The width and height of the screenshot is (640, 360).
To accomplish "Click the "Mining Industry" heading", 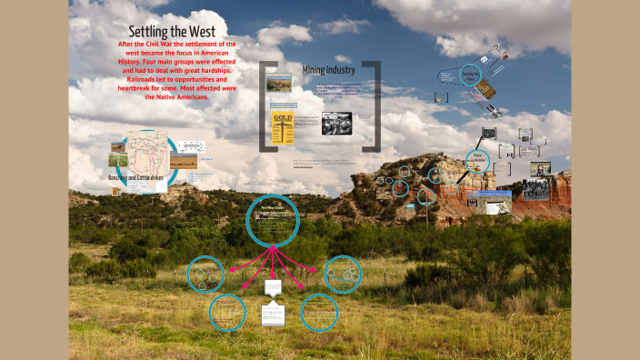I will click(x=328, y=69).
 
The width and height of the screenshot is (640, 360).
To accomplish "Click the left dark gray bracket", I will click(x=265, y=105).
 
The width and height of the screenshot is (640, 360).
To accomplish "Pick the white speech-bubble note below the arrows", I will click(x=274, y=287).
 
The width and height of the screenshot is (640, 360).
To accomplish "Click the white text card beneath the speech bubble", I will click(x=273, y=315).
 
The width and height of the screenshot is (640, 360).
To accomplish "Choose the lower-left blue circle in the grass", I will click(x=227, y=312).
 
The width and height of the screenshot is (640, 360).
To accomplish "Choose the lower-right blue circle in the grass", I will click(x=319, y=313).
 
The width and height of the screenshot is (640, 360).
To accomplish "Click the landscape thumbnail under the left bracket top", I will click(x=279, y=86).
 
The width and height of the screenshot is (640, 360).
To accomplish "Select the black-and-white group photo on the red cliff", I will click(x=537, y=187).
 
